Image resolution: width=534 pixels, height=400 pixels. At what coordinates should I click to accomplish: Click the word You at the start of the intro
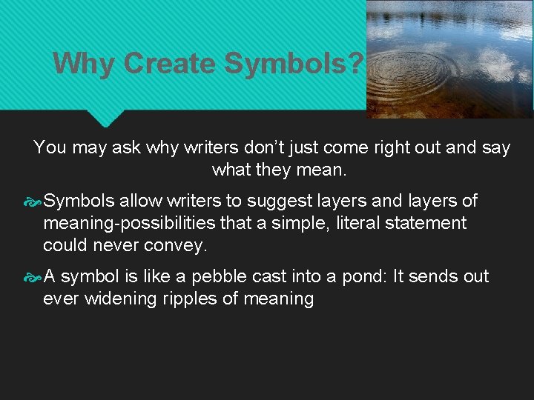50,147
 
